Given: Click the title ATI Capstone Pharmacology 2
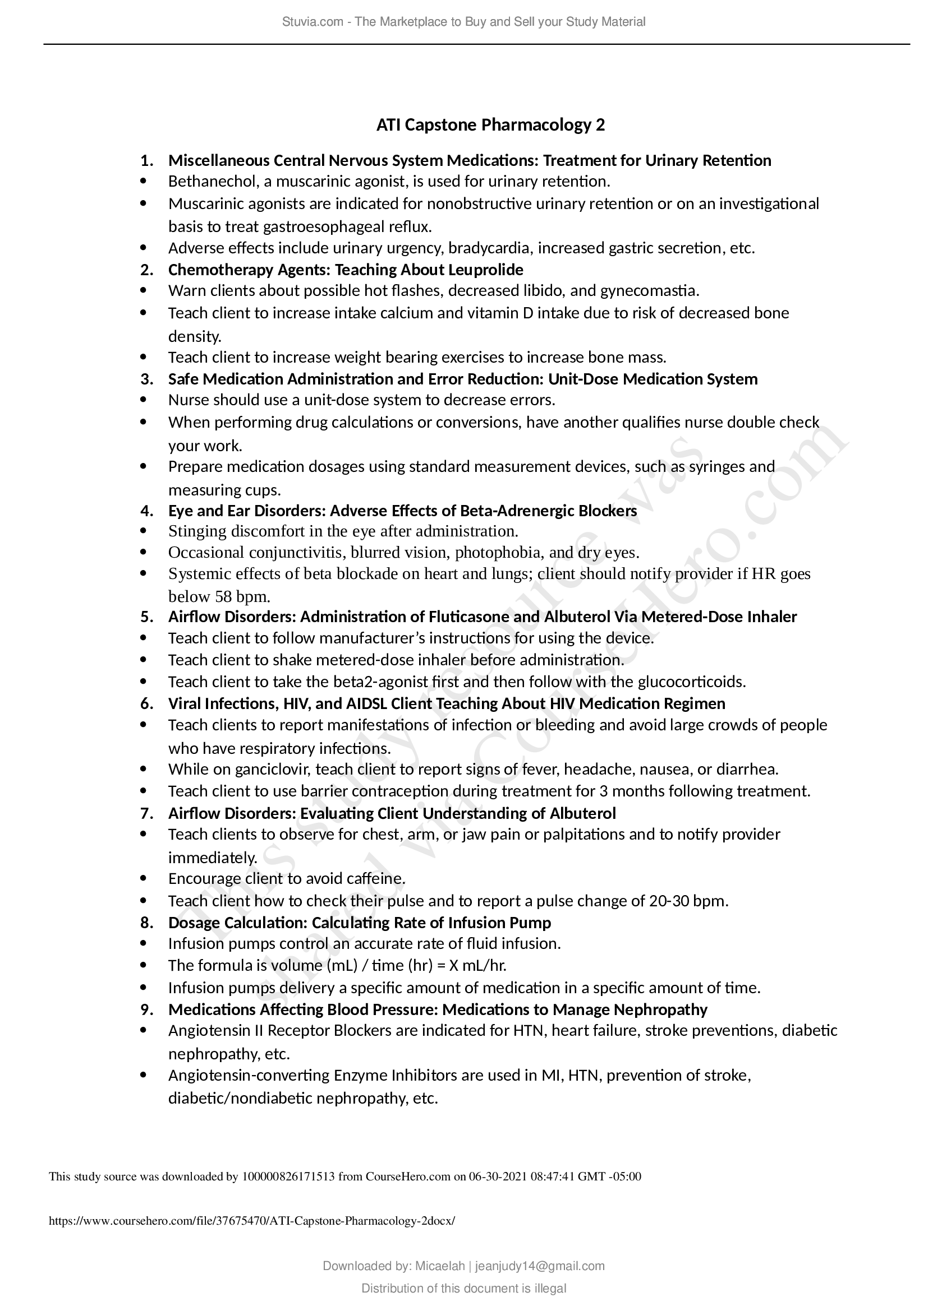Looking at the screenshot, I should click(490, 124).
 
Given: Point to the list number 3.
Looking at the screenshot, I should click(147, 379).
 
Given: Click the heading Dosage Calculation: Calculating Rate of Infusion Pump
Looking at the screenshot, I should click(360, 923).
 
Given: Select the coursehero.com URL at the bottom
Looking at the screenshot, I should click(252, 1221).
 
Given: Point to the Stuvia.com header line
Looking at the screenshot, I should click(463, 22).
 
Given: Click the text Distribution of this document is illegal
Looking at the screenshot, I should click(463, 1288).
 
